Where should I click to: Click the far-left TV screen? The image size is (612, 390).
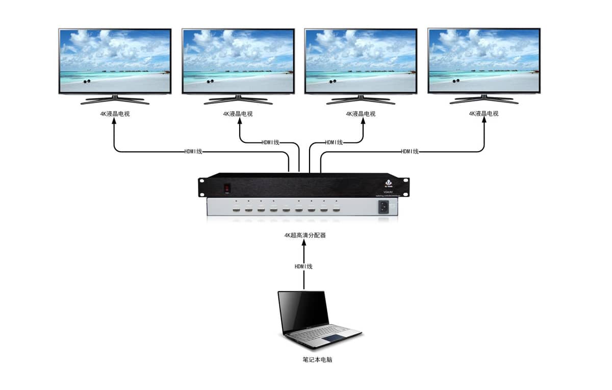pyautogui.click(x=115, y=60)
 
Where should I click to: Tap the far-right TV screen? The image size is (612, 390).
pyautogui.click(x=484, y=60)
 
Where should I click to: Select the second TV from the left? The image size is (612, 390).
pyautogui.click(x=238, y=60)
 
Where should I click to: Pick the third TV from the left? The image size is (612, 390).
pyautogui.click(x=361, y=60)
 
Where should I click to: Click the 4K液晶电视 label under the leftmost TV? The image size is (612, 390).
pyautogui.click(x=115, y=114)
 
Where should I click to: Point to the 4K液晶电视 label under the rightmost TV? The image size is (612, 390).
pyautogui.click(x=484, y=114)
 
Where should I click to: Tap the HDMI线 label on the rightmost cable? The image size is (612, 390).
pyautogui.click(x=410, y=152)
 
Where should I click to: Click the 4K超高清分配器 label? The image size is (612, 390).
pyautogui.click(x=305, y=235)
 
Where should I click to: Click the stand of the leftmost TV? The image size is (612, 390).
pyautogui.click(x=115, y=99)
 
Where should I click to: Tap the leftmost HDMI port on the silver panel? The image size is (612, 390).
pyautogui.click(x=237, y=209)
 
